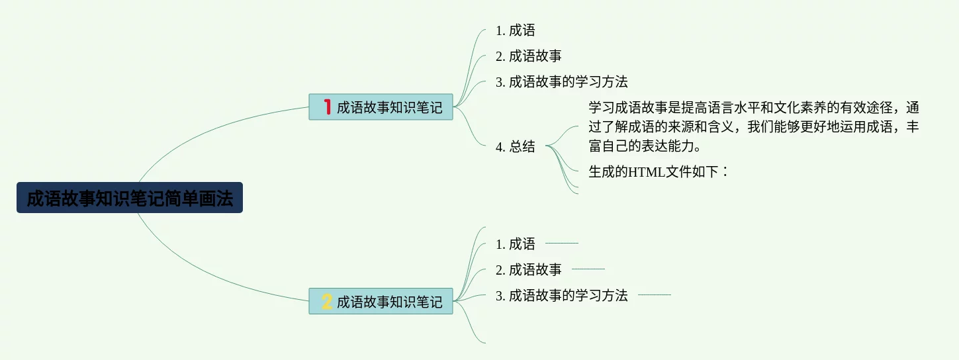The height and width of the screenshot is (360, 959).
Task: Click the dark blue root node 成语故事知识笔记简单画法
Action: click(x=130, y=198)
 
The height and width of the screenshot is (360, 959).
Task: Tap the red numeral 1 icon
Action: click(x=327, y=107)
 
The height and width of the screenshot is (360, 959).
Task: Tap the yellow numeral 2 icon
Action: click(x=327, y=302)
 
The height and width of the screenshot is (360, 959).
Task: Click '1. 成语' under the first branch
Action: click(x=516, y=30)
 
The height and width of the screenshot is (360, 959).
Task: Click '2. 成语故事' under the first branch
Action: click(x=529, y=56)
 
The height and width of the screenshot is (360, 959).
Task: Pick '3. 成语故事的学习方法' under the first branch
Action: click(x=562, y=82)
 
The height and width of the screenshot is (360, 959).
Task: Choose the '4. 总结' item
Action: click(x=516, y=147)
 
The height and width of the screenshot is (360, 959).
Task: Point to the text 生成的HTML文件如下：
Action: click(x=659, y=172)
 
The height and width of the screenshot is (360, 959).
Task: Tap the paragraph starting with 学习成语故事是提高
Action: click(x=753, y=126)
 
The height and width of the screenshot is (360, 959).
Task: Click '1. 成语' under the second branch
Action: click(x=516, y=244)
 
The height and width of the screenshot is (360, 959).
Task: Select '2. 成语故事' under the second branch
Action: click(x=529, y=270)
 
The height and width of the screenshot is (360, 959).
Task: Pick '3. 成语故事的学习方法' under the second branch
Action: click(x=562, y=296)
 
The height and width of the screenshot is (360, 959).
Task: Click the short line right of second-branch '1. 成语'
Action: click(x=561, y=244)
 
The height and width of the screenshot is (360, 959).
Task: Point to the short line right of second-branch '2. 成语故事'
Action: click(x=588, y=269)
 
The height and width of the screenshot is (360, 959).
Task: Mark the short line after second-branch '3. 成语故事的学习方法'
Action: click(x=654, y=295)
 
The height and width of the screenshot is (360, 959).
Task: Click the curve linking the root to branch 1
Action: click(x=199, y=132)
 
